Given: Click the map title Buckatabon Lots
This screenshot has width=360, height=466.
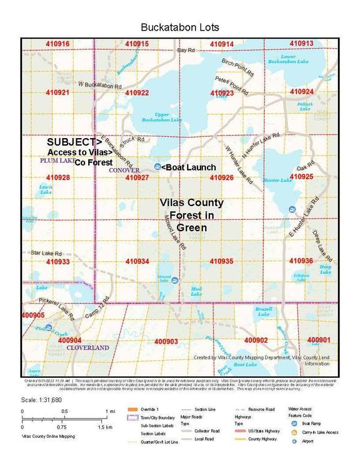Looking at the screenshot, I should point(180,28).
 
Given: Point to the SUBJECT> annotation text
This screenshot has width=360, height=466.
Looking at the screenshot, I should point(74,142).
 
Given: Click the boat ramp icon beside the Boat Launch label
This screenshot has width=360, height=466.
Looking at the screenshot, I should point(157,166).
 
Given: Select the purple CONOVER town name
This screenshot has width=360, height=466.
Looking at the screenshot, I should point(124,171).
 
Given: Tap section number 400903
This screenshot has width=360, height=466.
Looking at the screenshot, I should point(166,341).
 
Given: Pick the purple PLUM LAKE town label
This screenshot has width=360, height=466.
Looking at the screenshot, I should point(56,162).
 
